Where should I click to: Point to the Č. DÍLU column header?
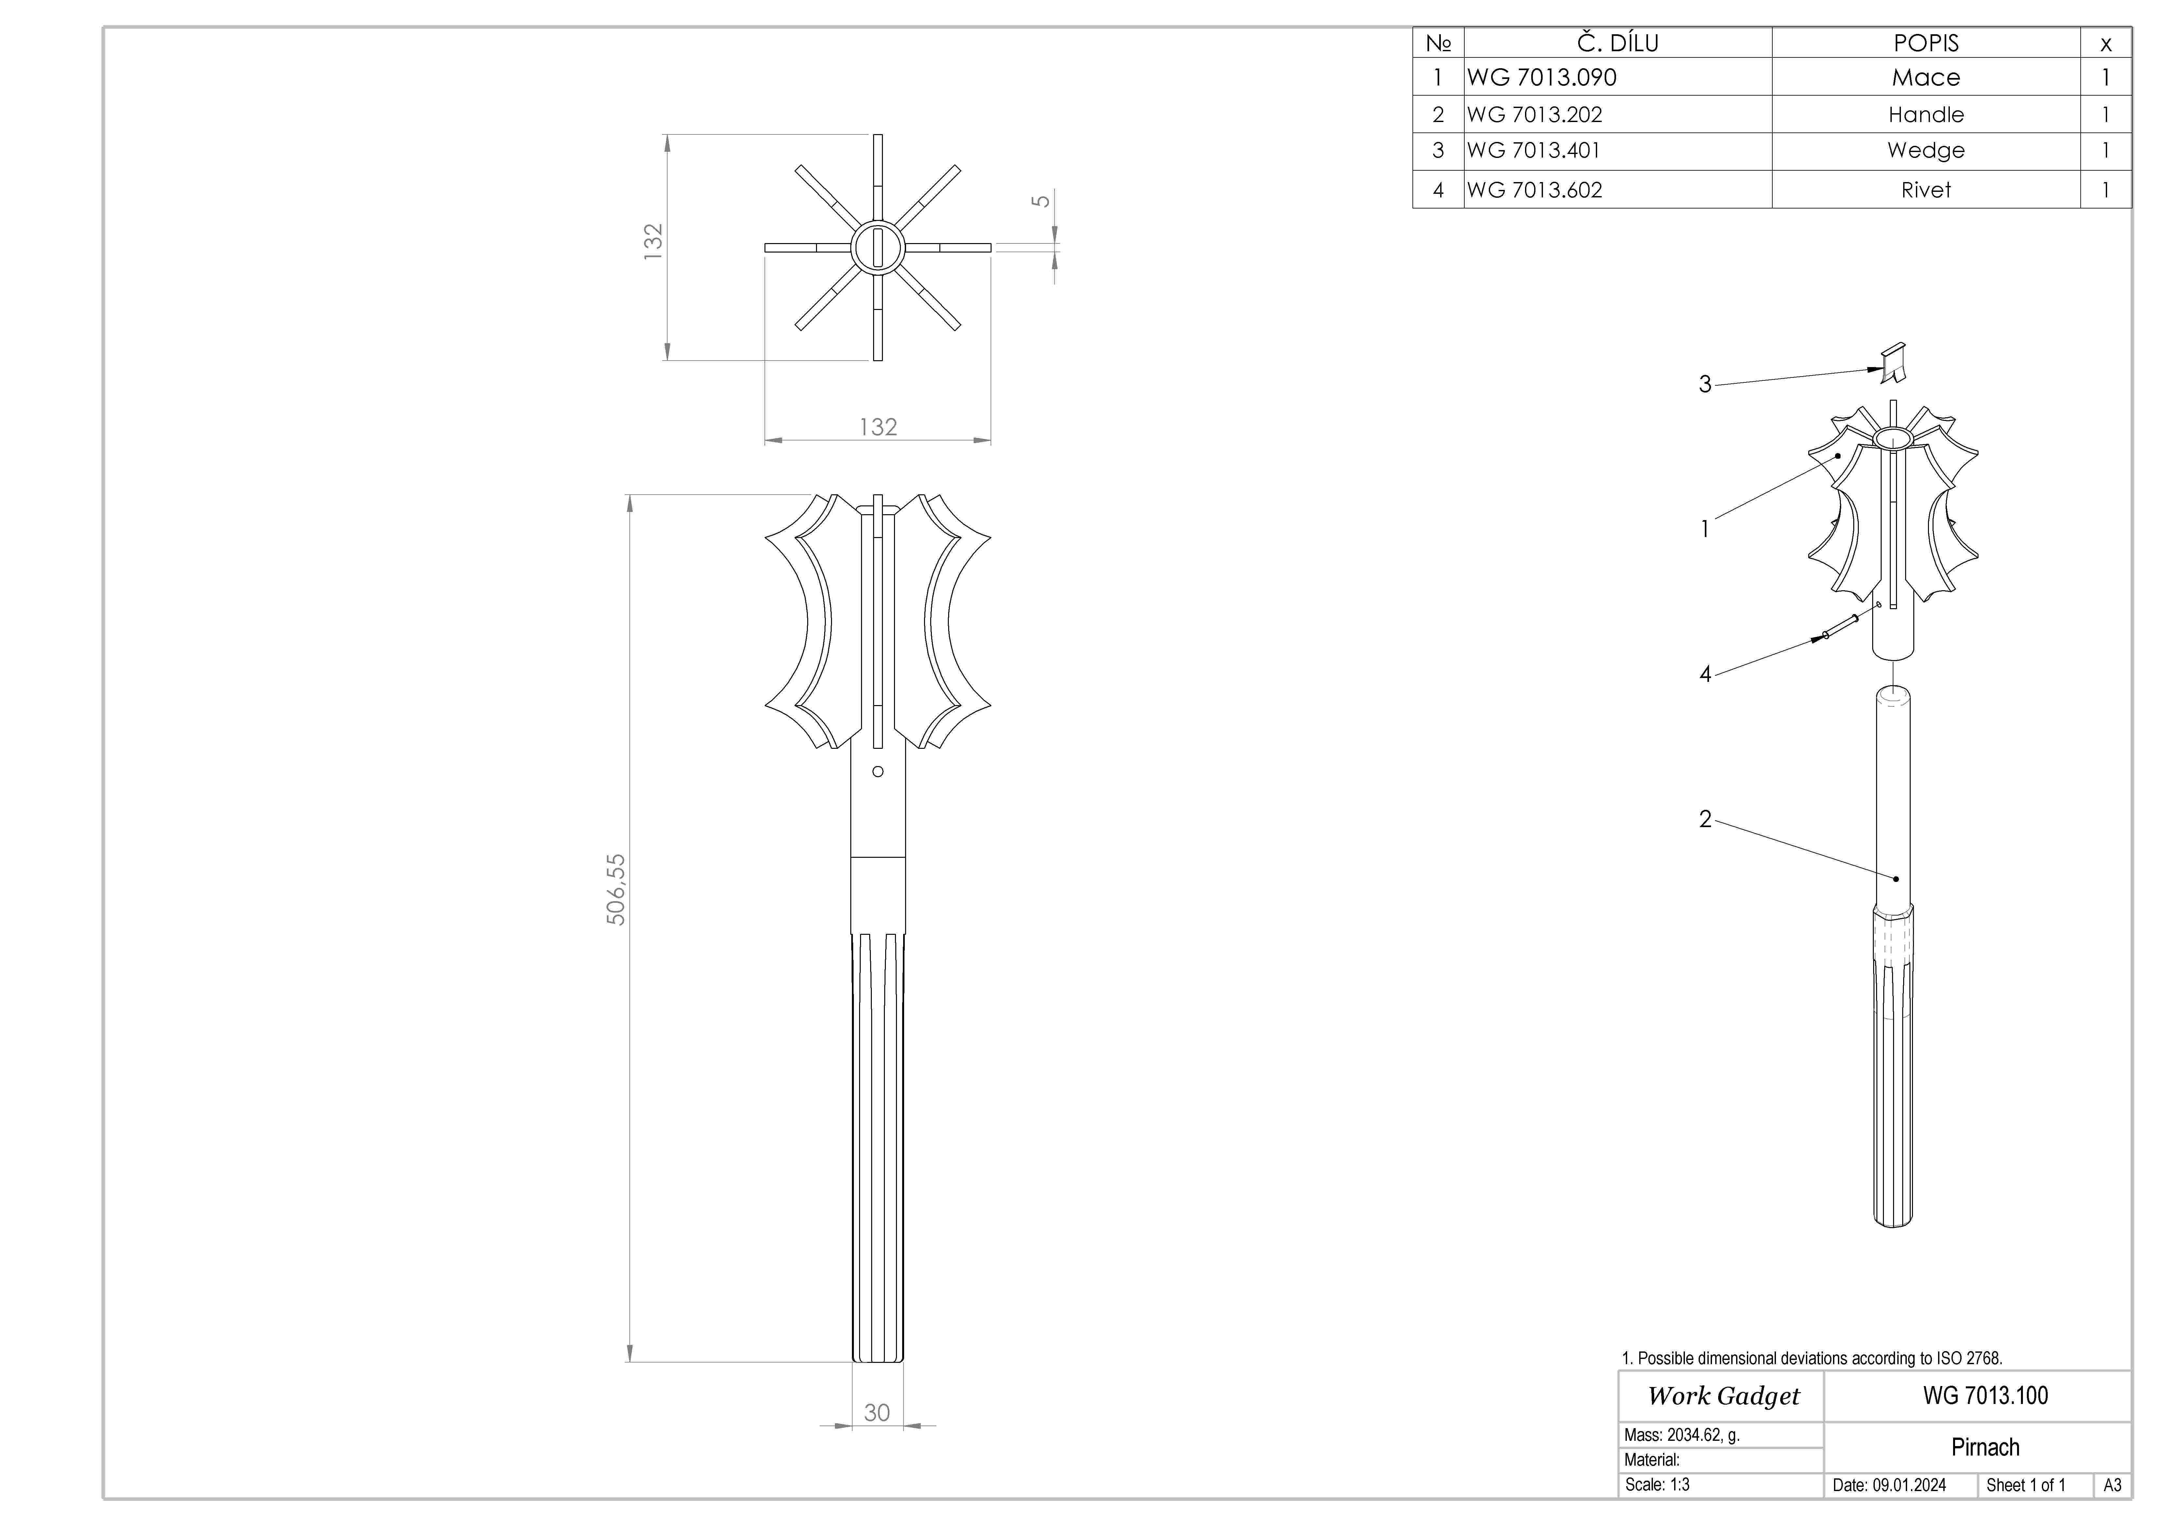point(1618,43)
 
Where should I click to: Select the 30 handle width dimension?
point(877,1412)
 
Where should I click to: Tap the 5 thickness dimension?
point(1040,201)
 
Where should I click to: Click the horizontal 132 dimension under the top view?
point(878,426)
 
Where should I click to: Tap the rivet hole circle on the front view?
point(878,771)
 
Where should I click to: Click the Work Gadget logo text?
point(1723,1396)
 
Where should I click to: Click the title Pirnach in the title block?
point(1985,1447)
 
